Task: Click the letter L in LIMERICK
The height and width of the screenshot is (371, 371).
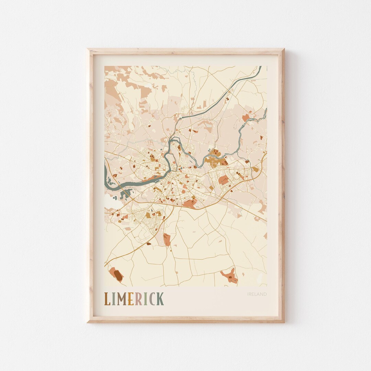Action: point(107,299)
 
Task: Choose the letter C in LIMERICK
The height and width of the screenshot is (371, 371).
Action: point(151,299)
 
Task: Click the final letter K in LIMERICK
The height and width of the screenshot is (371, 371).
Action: point(160,299)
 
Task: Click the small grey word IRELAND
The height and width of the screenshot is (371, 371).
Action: point(257,294)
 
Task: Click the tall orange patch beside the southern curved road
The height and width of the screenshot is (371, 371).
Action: point(167,239)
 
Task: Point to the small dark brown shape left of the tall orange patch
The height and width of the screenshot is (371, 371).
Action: point(149,244)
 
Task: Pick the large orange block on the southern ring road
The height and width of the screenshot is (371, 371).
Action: point(189,204)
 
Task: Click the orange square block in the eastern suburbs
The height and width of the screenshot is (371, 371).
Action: point(224,180)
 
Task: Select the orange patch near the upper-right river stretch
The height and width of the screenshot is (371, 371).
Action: point(245,118)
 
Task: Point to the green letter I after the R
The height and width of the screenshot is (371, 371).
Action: point(145,299)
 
